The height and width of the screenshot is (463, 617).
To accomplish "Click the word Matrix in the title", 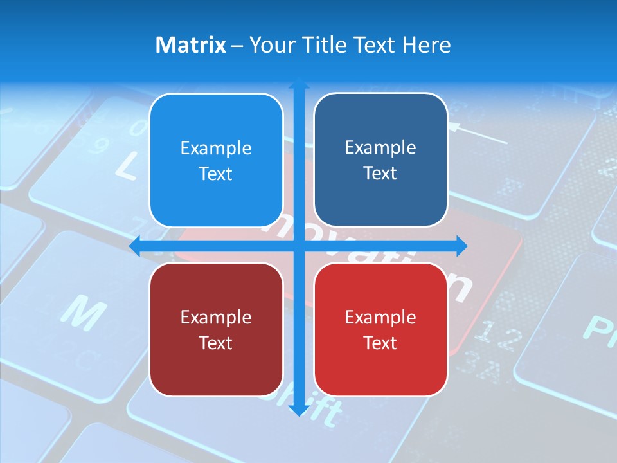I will [x=190, y=45].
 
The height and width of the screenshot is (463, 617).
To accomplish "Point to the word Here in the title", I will [x=426, y=45].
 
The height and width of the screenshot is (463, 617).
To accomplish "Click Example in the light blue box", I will [x=216, y=149].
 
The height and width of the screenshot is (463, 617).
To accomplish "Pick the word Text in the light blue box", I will [x=216, y=174].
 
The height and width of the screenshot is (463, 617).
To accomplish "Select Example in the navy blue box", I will [x=380, y=148].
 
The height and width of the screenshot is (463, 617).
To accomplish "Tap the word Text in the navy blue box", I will [x=380, y=173].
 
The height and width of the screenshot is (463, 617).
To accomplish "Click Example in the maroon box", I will [x=216, y=317].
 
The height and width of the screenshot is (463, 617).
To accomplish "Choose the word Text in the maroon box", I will [x=216, y=343].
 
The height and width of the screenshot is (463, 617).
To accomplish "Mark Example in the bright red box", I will [x=380, y=317].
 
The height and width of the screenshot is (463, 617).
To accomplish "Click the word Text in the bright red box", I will [x=380, y=343].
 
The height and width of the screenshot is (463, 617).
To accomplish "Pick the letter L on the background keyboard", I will [x=125, y=167].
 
